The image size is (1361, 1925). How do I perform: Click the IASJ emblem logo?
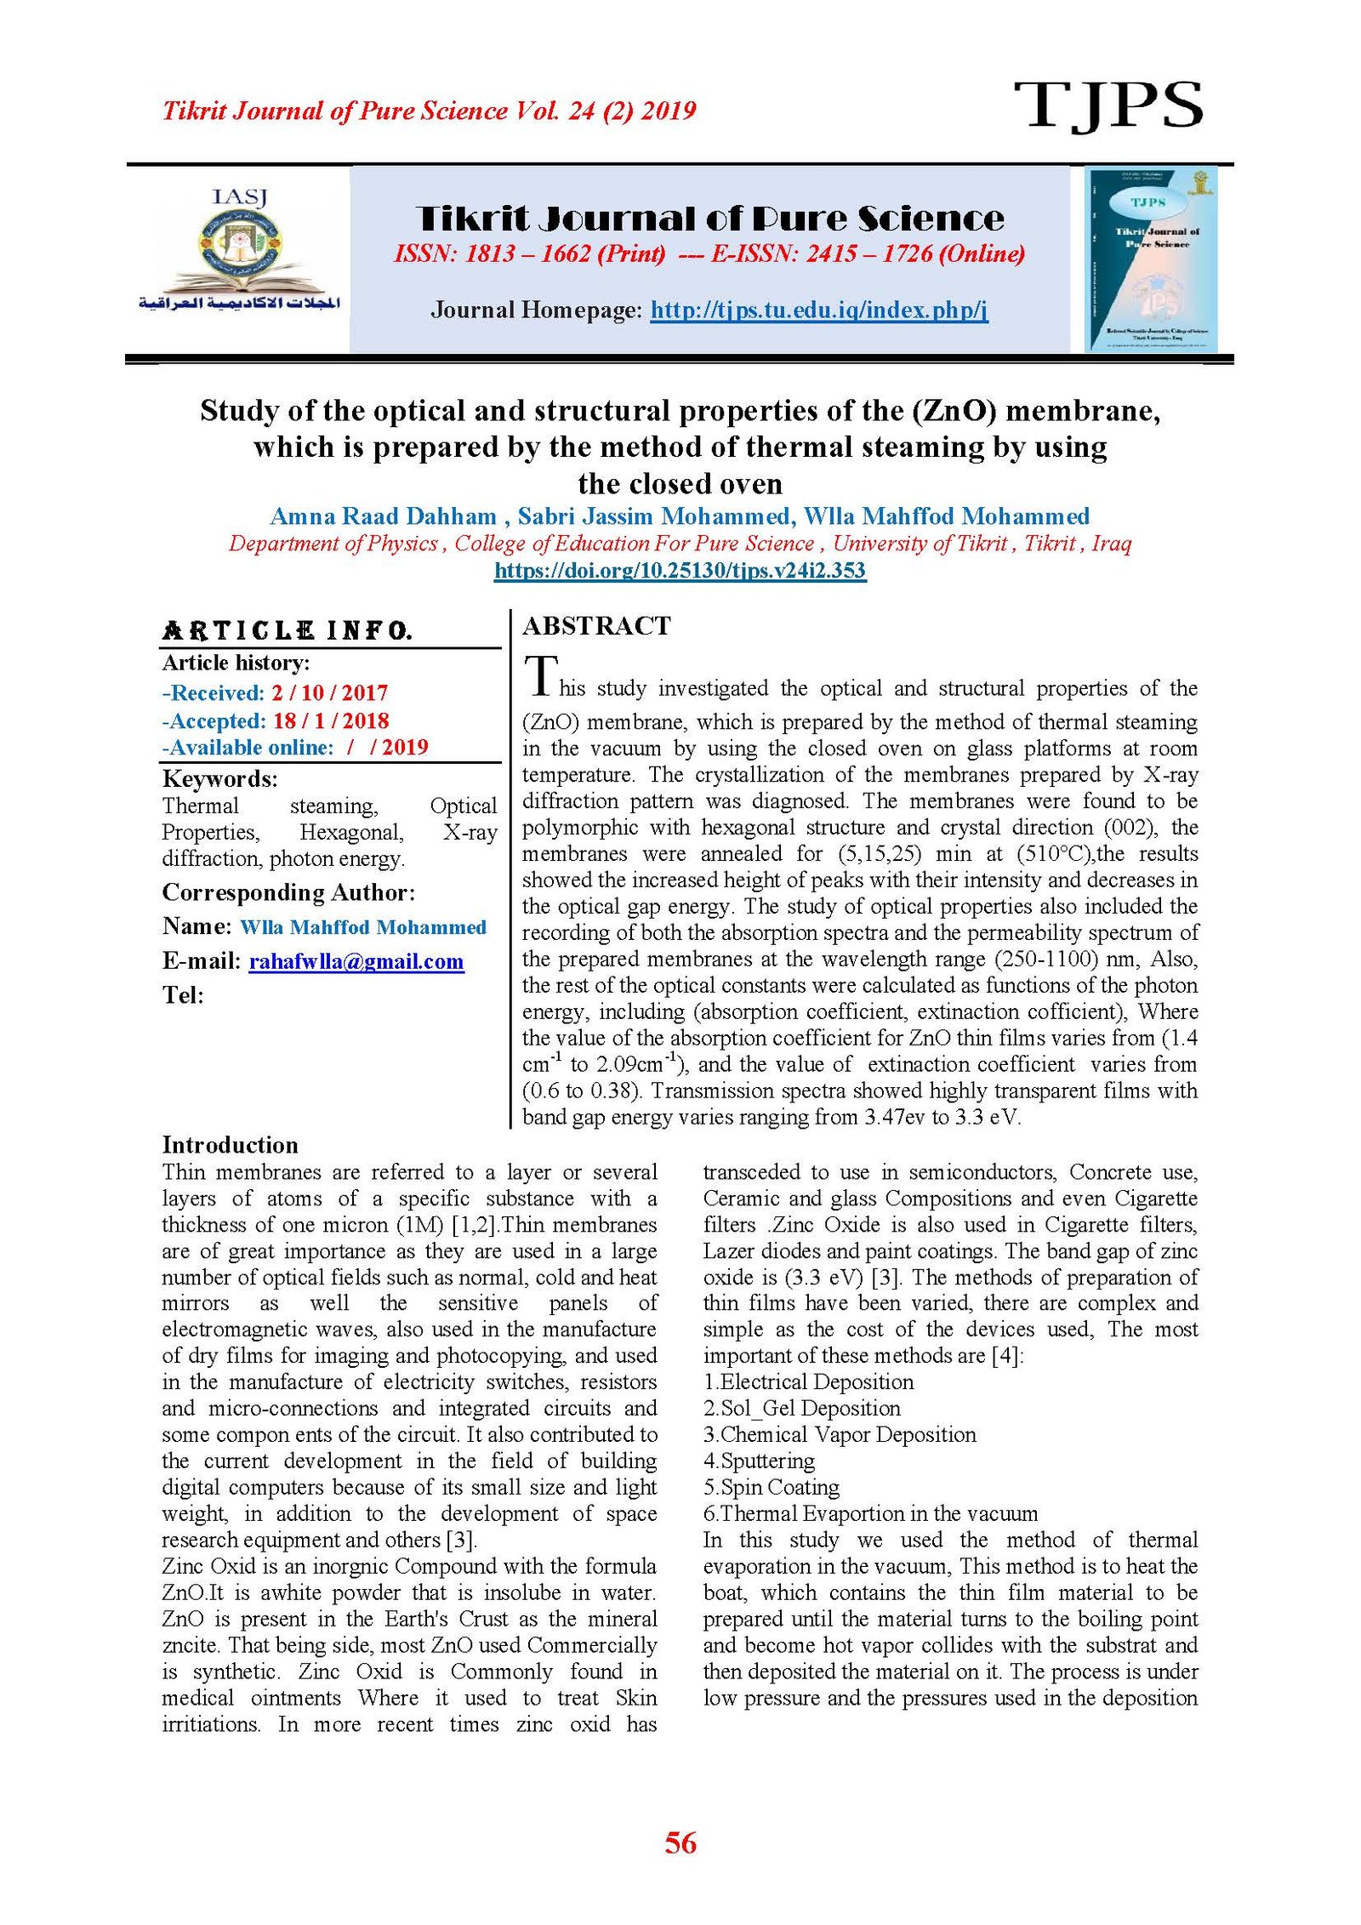pyautogui.click(x=240, y=251)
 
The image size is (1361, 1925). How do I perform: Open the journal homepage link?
pyautogui.click(x=818, y=310)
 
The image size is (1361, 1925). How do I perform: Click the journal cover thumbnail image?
pyautogui.click(x=1150, y=259)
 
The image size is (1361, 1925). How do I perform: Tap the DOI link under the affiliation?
pyautogui.click(x=680, y=570)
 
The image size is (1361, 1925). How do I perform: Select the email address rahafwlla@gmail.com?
pyautogui.click(x=356, y=961)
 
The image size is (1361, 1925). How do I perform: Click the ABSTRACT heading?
pyautogui.click(x=596, y=626)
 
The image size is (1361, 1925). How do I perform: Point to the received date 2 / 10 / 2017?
pyautogui.click(x=329, y=692)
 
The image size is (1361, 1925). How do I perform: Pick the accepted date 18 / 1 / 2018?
pyautogui.click(x=330, y=720)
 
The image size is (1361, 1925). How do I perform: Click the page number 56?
pyautogui.click(x=680, y=1842)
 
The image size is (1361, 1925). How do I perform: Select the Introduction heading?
pyautogui.click(x=230, y=1144)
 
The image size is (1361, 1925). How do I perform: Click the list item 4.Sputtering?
pyautogui.click(x=759, y=1461)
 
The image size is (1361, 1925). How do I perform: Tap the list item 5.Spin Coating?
pyautogui.click(x=771, y=1487)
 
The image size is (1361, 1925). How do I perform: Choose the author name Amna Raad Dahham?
pyautogui.click(x=383, y=516)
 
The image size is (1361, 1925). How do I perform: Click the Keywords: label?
pyautogui.click(x=219, y=778)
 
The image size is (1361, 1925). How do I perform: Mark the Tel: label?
pyautogui.click(x=183, y=994)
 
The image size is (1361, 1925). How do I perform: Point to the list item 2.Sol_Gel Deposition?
pyautogui.click(x=801, y=1408)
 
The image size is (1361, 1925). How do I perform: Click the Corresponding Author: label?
pyautogui.click(x=288, y=892)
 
